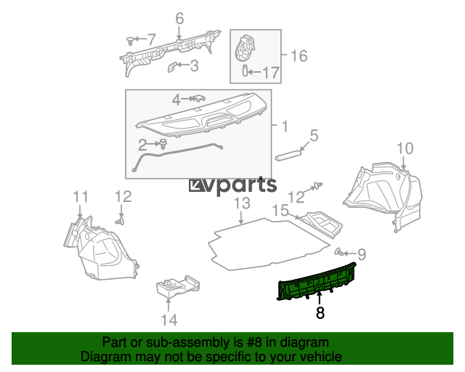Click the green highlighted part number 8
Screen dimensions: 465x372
[x=316, y=281]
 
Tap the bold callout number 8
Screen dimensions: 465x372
[x=320, y=312]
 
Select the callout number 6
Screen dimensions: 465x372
[x=179, y=18]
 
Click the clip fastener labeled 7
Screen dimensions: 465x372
[x=130, y=41]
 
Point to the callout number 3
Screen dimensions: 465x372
[x=194, y=65]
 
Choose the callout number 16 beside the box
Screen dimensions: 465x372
[x=299, y=56]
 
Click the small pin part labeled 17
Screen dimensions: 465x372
[x=245, y=70]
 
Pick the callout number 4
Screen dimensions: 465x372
[x=176, y=100]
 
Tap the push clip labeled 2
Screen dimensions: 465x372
[x=163, y=144]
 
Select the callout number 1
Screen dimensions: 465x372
[x=285, y=126]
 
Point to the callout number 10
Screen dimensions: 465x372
[x=405, y=148]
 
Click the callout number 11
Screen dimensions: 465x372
[x=81, y=197]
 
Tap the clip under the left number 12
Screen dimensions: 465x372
[x=120, y=222]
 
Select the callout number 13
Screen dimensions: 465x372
[x=242, y=203]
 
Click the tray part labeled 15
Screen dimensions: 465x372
[x=321, y=225]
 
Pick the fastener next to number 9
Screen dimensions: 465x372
[x=339, y=252]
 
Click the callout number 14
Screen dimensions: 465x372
[x=169, y=320]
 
